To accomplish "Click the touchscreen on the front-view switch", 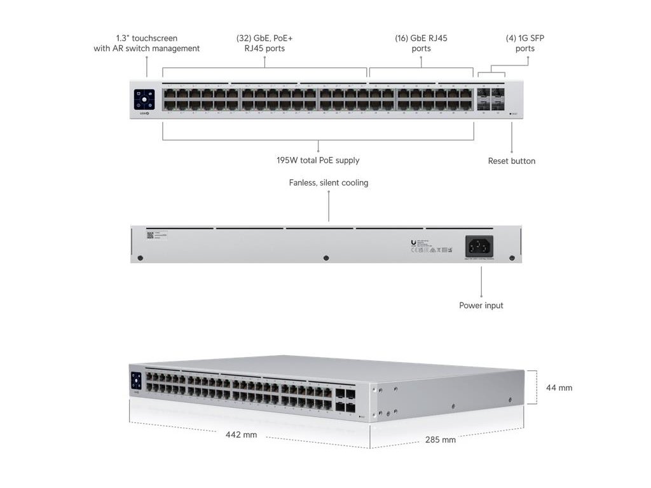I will pos(144,100).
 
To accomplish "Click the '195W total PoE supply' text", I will pos(319,160).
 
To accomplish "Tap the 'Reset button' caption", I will pos(511,161).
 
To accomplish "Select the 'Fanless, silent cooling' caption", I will pos(329,183).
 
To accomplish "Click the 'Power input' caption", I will pos(481,306).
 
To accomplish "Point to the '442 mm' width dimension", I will pos(241,435).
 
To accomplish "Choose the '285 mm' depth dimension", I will pos(440,439).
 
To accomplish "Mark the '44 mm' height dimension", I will pos(559,387).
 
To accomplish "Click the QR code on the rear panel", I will pos(151,234).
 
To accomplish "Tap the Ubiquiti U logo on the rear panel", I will pos(414,241).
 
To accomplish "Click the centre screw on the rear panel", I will pos(326,258).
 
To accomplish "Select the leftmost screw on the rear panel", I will pos(140,258).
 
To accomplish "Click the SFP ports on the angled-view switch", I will pos(346,398).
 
